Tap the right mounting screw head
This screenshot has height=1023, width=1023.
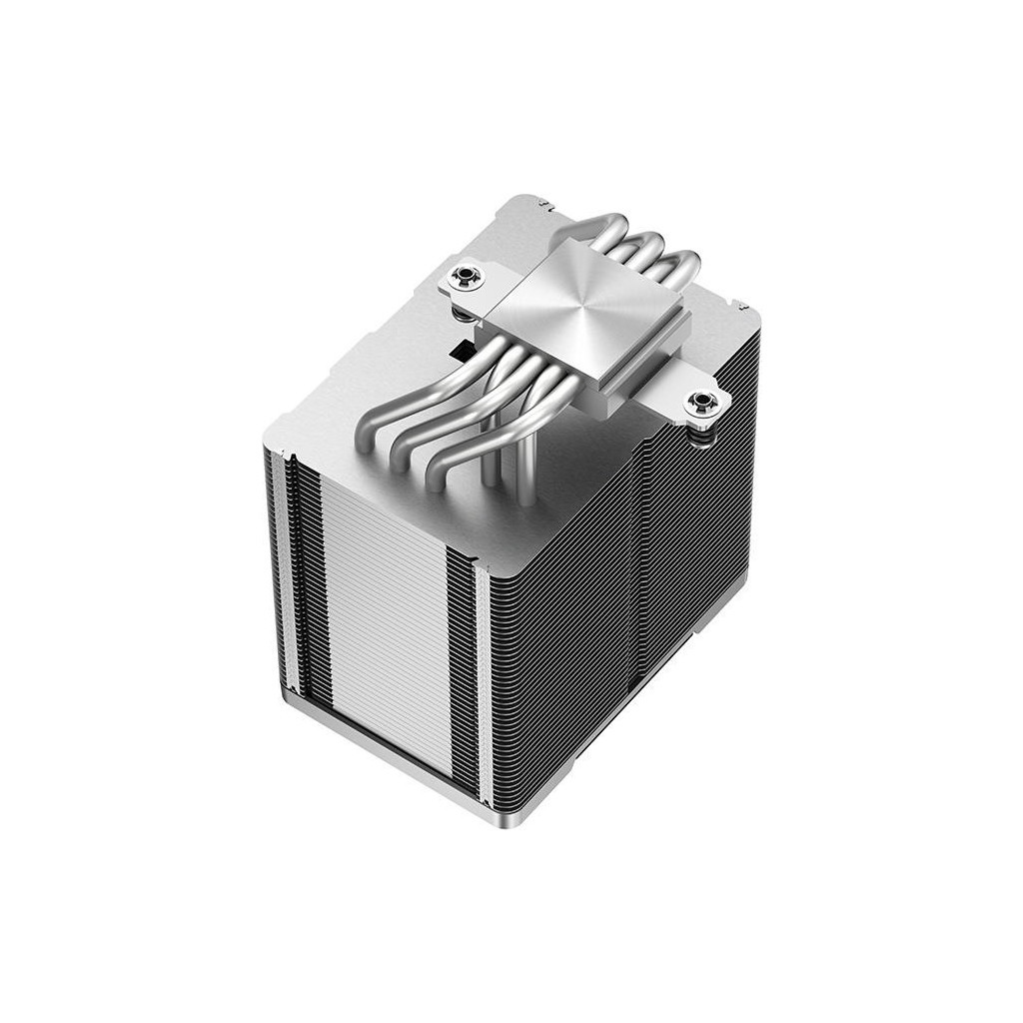701,403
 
